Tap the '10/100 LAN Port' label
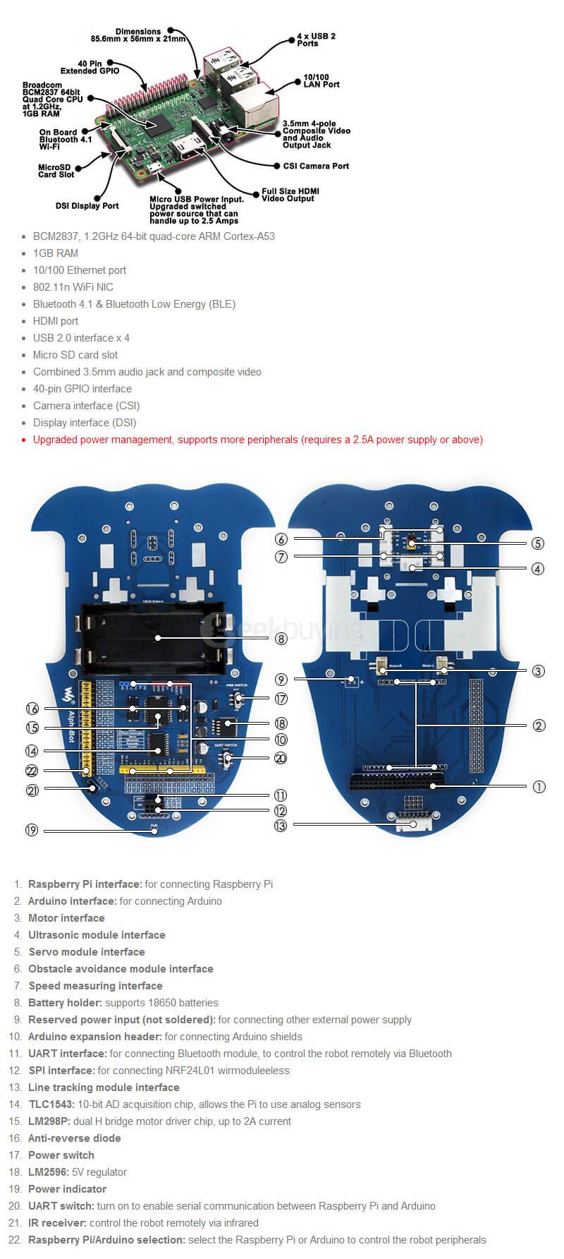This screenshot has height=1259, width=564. click(x=321, y=80)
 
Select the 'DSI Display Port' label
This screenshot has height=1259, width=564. click(x=87, y=206)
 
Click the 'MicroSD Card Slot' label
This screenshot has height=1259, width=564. click(x=56, y=171)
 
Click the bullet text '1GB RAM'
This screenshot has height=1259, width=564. click(x=56, y=253)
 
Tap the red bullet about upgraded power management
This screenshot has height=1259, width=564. click(x=257, y=440)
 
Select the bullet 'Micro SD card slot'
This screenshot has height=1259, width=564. click(x=75, y=355)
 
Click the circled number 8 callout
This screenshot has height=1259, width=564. click(x=281, y=639)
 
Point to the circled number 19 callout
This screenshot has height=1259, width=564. click(x=32, y=830)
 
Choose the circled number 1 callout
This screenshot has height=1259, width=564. click(x=539, y=786)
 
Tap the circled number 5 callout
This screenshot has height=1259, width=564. click(x=539, y=543)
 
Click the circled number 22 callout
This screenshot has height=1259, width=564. click(x=32, y=771)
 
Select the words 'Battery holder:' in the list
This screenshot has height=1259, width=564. click(x=65, y=1003)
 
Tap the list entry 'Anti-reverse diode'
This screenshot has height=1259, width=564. click(x=74, y=1138)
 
